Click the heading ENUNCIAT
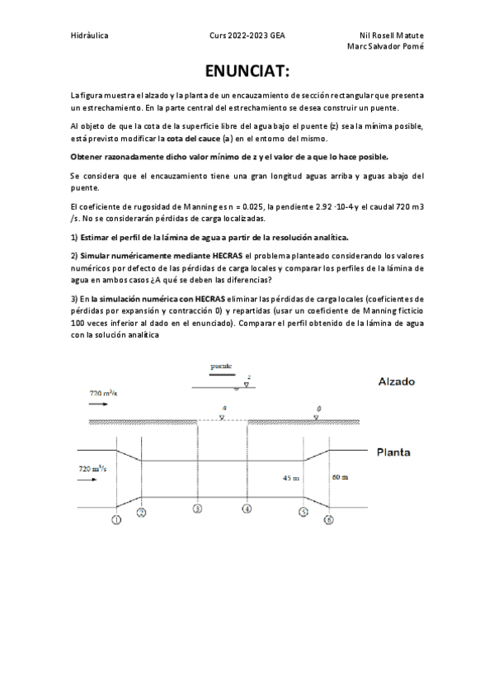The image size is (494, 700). click(x=247, y=72)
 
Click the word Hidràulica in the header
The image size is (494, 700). click(x=90, y=36)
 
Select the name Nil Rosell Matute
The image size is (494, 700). click(x=392, y=36)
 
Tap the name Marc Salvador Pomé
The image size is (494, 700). click(x=387, y=46)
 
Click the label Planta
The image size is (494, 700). click(x=394, y=452)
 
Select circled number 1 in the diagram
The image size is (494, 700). click(x=116, y=519)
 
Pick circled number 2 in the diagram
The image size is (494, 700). click(x=142, y=512)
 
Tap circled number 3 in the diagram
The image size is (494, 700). click(x=198, y=508)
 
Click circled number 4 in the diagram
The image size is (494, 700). click(x=247, y=508)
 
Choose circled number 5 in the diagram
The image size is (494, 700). click(x=303, y=512)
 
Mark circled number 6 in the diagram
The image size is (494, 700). click(x=329, y=519)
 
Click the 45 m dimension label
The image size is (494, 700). click(x=291, y=478)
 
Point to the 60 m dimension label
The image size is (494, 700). click(x=341, y=477)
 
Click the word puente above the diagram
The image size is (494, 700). click(x=220, y=366)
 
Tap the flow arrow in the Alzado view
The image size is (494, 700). click(x=98, y=406)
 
